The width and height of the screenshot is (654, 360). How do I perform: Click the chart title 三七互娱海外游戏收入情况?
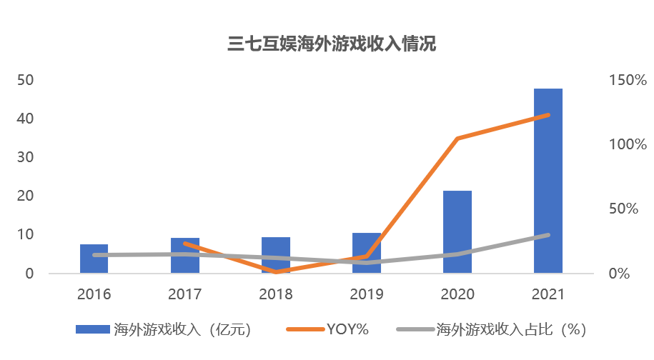(332, 44)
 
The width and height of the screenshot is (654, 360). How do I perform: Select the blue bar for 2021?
(548, 181)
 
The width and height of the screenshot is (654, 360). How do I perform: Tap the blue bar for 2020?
(457, 231)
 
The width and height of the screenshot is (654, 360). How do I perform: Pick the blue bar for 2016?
(94, 259)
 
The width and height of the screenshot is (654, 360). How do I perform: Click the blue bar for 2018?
(275, 255)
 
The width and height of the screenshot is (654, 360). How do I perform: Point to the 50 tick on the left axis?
(25, 79)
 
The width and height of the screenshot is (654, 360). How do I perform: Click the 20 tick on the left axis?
(25, 196)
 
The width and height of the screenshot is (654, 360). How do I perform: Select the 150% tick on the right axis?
(628, 79)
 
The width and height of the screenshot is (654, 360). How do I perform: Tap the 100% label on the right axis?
(628, 144)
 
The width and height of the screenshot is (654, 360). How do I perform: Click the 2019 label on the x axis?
(367, 294)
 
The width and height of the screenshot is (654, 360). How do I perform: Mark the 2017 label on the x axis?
(185, 294)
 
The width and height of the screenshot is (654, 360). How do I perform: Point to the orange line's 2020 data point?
(457, 139)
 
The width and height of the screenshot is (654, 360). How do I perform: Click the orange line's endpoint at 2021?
(548, 115)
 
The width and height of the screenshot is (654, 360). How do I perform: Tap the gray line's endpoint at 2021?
(548, 235)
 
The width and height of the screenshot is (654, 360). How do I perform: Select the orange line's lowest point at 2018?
(275, 271)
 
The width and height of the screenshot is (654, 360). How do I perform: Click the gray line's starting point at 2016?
(94, 255)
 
